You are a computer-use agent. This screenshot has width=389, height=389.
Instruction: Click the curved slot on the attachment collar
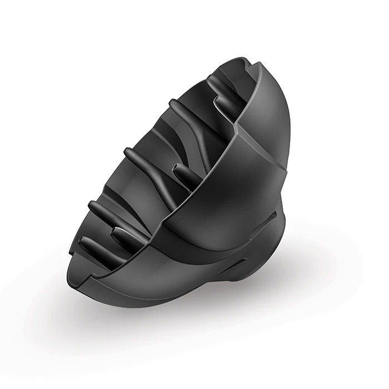(273, 214)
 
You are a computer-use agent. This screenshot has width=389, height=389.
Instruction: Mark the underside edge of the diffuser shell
(167, 295)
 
